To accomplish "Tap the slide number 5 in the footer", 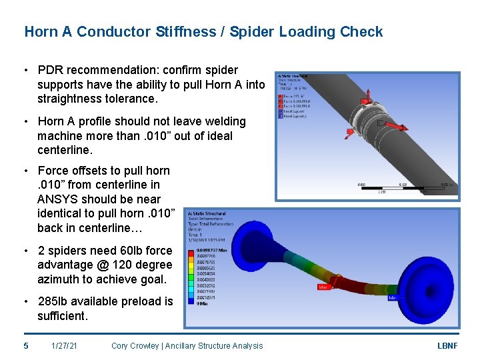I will pyautogui.click(x=26, y=345).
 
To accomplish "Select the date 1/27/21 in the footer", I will pyautogui.click(x=65, y=345).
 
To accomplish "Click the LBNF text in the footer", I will pyautogui.click(x=447, y=345).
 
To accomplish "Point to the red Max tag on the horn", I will pyautogui.click(x=324, y=288).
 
